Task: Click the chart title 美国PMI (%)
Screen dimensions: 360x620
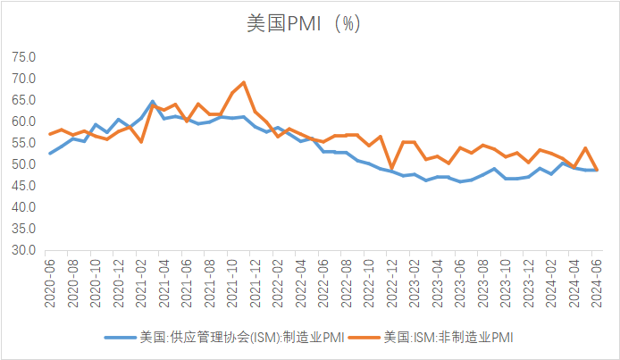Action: [x=304, y=24]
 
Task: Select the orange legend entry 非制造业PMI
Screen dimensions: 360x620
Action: [x=448, y=338]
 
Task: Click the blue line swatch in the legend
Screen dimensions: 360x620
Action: [x=120, y=338]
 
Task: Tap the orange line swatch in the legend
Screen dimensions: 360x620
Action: [x=363, y=338]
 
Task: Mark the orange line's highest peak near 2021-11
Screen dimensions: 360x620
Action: [x=244, y=82]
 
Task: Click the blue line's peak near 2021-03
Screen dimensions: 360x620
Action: [x=153, y=101]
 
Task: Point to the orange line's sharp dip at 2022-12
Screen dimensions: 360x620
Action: [x=391, y=168]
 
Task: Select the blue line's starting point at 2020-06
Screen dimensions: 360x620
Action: [x=50, y=154]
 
